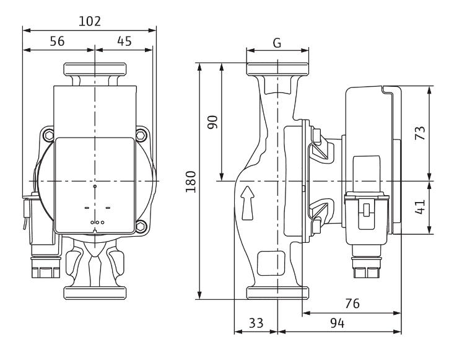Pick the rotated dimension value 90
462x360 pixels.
click(x=212, y=121)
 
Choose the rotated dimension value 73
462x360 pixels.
click(x=420, y=133)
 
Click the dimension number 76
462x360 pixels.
click(x=352, y=305)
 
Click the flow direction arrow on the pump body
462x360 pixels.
click(x=248, y=201)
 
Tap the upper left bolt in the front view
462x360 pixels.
click(x=48, y=134)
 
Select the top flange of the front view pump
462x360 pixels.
click(x=95, y=68)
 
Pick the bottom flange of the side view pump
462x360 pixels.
click(x=278, y=293)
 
